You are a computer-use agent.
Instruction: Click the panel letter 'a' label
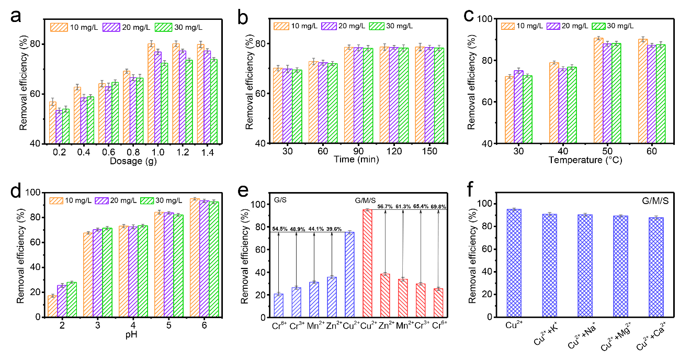click(16, 17)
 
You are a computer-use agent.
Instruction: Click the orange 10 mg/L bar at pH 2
click(52, 306)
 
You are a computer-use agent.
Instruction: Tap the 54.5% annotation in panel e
click(280, 228)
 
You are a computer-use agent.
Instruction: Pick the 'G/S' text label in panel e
click(279, 199)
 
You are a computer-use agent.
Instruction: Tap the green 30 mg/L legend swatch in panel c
click(598, 26)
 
